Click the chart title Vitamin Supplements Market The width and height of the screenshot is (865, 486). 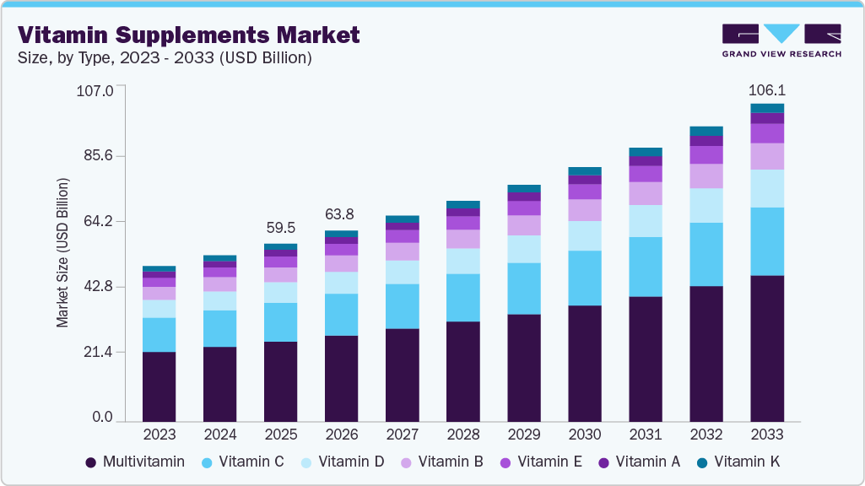(189, 35)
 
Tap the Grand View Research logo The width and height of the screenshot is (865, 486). (781, 40)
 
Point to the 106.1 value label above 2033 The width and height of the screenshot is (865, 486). (767, 90)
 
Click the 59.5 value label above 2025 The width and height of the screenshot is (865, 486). (280, 228)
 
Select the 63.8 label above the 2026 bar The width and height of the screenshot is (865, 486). (341, 214)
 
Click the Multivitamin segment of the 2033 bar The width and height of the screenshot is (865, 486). (767, 348)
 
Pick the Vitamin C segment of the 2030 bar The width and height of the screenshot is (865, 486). (585, 278)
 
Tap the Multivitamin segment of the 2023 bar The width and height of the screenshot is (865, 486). (159, 386)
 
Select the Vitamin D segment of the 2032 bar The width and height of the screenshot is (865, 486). (706, 205)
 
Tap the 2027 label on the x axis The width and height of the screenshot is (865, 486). (403, 435)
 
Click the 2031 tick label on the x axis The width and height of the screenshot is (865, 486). (646, 435)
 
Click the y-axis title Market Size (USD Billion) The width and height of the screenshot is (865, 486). (62, 253)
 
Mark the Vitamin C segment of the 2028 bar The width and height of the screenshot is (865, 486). (463, 297)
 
